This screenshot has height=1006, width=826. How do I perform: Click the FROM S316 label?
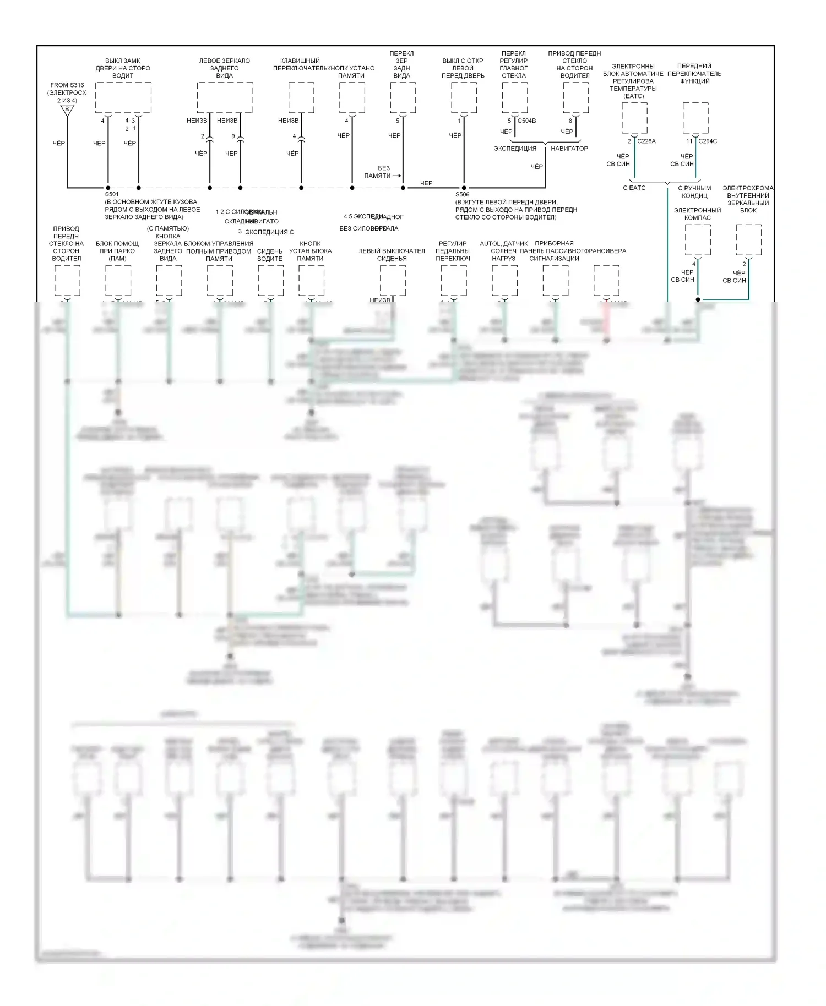point(67,85)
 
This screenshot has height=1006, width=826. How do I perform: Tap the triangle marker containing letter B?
point(67,110)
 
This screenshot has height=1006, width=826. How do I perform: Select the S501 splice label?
point(112,194)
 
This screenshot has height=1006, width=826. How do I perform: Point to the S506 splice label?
point(463,194)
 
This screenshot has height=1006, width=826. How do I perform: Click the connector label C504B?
point(527,121)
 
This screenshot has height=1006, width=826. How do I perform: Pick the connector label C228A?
point(646,141)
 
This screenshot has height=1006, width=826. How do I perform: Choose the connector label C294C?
point(708,141)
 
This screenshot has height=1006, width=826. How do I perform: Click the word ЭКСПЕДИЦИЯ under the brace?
point(515,149)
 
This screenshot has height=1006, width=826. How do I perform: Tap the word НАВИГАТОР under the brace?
point(569,149)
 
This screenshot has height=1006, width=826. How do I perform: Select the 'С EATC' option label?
point(634,188)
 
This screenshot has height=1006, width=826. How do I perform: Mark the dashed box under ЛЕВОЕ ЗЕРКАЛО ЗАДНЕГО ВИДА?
point(225,98)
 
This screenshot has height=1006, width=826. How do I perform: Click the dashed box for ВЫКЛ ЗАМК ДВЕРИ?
point(123,98)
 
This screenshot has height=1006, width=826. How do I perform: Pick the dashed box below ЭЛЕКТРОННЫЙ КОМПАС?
point(698,239)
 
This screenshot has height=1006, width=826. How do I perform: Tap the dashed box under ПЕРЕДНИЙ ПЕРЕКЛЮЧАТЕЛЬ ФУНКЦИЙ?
point(695,118)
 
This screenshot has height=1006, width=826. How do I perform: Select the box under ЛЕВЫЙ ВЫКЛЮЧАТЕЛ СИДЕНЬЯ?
point(393,281)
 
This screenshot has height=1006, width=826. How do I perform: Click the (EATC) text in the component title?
point(634,96)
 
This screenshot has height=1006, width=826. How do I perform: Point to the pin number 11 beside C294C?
point(689,141)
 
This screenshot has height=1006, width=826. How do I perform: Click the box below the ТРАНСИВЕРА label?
point(606,281)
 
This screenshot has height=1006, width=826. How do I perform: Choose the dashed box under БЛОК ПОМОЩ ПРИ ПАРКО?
point(118,281)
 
